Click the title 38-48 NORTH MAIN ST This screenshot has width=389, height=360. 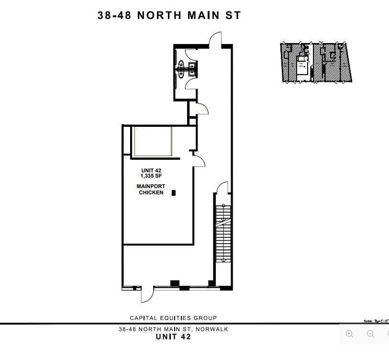point(169,15)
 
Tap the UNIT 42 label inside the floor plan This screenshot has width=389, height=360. point(151,170)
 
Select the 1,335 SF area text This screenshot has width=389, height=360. point(151,176)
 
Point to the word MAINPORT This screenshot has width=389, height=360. point(151,186)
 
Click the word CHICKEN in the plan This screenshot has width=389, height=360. point(151,192)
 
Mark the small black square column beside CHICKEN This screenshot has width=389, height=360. point(174,193)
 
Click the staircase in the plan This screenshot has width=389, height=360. point(223,234)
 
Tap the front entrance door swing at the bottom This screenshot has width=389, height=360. point(147,294)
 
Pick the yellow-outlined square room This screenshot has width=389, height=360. point(153,141)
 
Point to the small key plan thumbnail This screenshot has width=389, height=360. point(316,63)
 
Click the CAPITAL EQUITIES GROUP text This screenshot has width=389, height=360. point(173,318)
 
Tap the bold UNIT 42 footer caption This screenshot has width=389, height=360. point(173,337)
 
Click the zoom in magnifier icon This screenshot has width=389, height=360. point(350,334)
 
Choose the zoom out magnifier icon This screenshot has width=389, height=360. point(370,334)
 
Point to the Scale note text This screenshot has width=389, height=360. point(376,321)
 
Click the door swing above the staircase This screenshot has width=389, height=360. point(222,188)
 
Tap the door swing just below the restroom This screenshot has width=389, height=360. point(202,110)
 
